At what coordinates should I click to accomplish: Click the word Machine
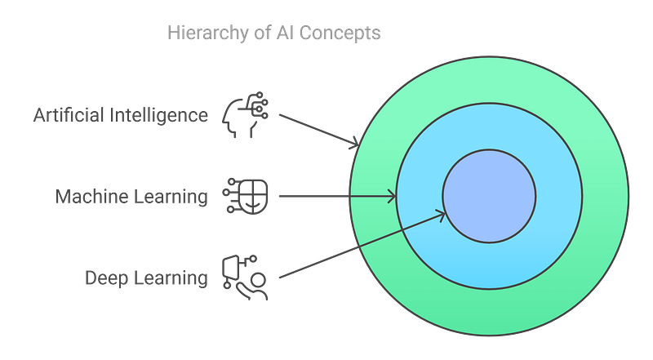click(x=86, y=197)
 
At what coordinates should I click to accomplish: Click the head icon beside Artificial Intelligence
click(x=241, y=116)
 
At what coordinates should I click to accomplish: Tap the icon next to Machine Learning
click(x=241, y=197)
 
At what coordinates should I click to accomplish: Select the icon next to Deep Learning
click(x=243, y=277)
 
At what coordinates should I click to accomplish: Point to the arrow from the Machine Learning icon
click(x=335, y=197)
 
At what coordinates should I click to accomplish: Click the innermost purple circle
click(x=489, y=196)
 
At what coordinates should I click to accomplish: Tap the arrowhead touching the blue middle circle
click(x=392, y=197)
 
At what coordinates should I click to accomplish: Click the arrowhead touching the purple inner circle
click(x=442, y=215)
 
